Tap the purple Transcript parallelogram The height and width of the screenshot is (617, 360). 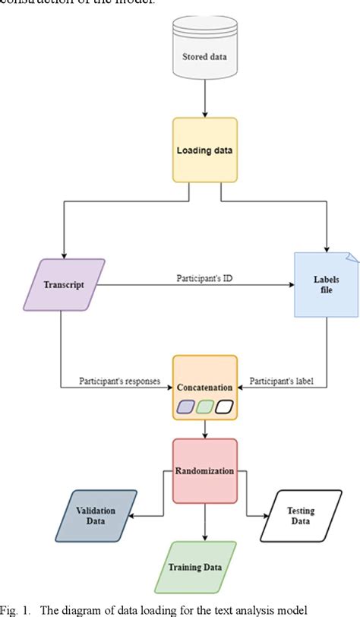(62, 285)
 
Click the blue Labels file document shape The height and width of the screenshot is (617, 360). (326, 285)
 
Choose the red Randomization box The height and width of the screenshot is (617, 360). (205, 470)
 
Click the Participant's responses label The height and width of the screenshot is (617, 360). (120, 381)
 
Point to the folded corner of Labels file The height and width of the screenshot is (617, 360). (351, 260)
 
